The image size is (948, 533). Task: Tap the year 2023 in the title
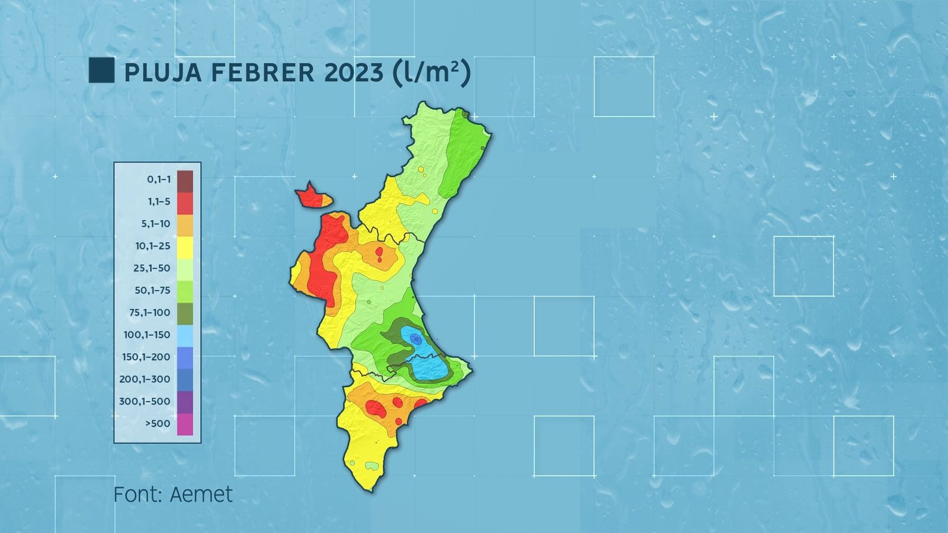354,72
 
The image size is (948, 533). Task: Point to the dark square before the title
101,70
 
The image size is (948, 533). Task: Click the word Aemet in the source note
201,495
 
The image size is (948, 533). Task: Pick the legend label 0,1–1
159,179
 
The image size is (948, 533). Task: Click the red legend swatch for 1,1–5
185,202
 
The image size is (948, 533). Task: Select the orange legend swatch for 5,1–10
185,224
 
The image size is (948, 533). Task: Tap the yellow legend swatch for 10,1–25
185,246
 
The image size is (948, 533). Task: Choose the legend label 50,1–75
152,291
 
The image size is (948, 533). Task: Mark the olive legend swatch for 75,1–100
185,313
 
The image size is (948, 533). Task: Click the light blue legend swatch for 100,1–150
185,335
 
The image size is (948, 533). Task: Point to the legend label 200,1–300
145,379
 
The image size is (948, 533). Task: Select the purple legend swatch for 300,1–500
185,402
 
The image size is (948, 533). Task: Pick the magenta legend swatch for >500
185,424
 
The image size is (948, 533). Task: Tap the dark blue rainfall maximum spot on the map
416,339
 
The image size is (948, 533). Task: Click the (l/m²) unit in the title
431,72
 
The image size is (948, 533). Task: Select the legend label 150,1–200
146,357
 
